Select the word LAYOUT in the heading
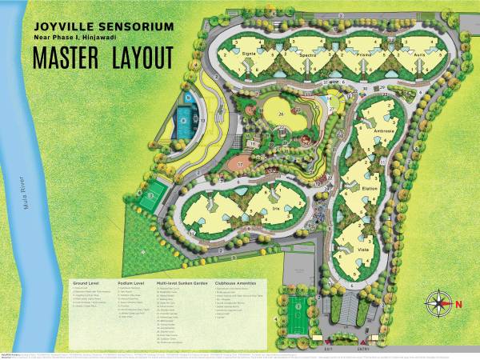144,58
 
